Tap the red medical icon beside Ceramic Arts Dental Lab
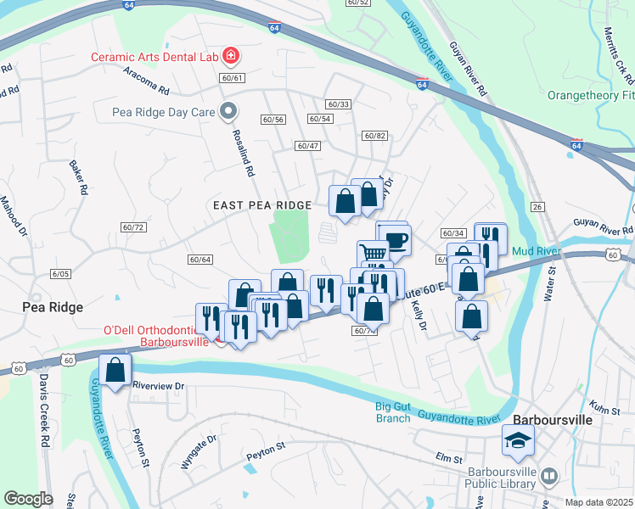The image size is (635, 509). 230,57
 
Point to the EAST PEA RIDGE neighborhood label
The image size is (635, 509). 262,205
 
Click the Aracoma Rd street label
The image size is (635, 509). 146,88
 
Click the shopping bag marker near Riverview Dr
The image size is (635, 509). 115,370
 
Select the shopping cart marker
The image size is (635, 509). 373,253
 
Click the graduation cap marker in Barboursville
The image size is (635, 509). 517,440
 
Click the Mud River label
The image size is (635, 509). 534,250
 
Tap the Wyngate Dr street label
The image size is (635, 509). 199,452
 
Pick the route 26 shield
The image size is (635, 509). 537,207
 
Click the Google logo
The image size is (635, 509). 28,498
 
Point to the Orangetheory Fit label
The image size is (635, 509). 590,95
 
